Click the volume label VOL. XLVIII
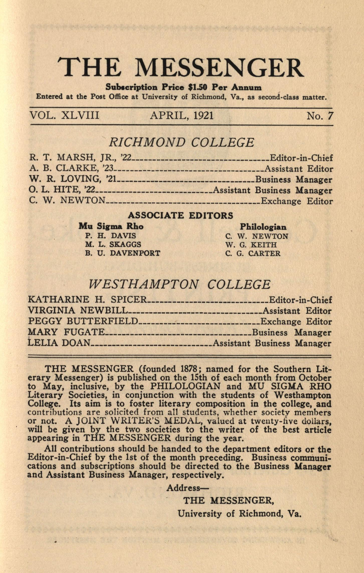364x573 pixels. tap(64, 115)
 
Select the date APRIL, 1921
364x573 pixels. tap(182, 115)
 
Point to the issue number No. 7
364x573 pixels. tap(320, 116)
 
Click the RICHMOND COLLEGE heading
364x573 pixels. tap(182, 143)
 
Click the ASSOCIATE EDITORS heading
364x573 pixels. tap(181, 216)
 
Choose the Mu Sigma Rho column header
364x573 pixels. tap(111, 226)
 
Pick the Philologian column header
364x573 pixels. tap(263, 227)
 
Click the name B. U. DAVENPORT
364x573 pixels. tap(123, 253)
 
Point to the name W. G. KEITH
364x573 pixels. tap(251, 244)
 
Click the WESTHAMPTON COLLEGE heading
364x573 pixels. tap(180, 284)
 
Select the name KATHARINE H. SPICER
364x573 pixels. tap(87, 300)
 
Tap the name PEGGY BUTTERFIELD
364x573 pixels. tap(83, 321)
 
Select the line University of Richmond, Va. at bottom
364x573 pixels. tap(239, 514)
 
